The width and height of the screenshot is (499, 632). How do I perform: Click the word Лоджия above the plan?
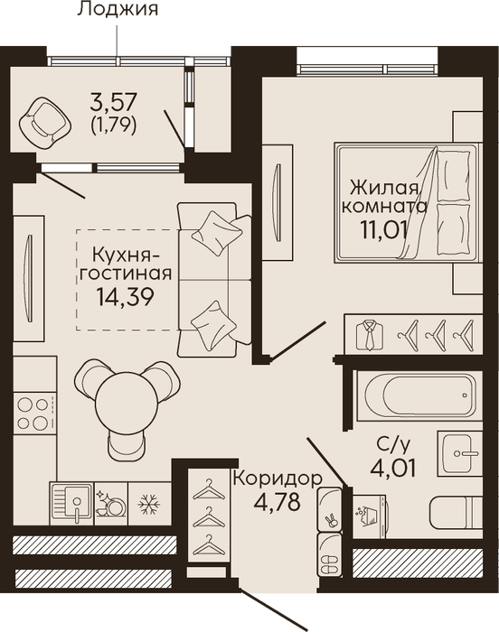pyautogui.click(x=118, y=8)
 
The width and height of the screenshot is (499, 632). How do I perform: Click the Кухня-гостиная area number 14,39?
pyautogui.click(x=125, y=297)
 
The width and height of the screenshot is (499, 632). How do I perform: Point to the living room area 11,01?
pyautogui.click(x=383, y=229)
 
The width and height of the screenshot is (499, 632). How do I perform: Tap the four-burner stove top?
pyautogui.click(x=34, y=414)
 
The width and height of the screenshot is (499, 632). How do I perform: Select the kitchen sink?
pyautogui.click(x=71, y=504)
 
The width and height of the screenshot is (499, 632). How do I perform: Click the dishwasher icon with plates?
pyautogui.click(x=110, y=504)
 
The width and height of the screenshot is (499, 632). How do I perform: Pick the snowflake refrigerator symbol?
pyautogui.click(x=149, y=504)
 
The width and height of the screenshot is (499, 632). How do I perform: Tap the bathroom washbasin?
pyautogui.click(x=460, y=453)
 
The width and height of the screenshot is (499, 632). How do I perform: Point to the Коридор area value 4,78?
pyautogui.click(x=278, y=502)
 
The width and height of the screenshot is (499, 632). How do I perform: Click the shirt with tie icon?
pyautogui.click(x=370, y=335)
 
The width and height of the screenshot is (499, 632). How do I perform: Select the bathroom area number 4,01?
pyautogui.click(x=393, y=469)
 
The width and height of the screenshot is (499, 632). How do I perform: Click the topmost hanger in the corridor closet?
pyautogui.click(x=209, y=489)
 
